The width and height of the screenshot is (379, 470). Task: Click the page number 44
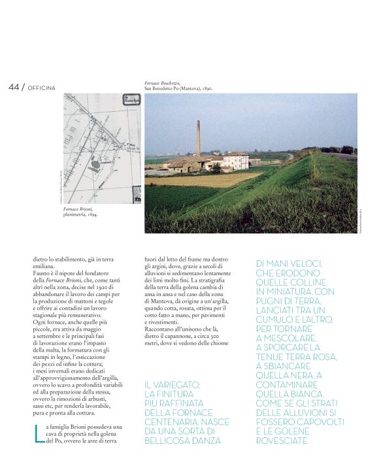[14, 87]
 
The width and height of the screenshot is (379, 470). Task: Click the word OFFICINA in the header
[42, 88]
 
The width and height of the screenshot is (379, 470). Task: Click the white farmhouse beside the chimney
[236, 160]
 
